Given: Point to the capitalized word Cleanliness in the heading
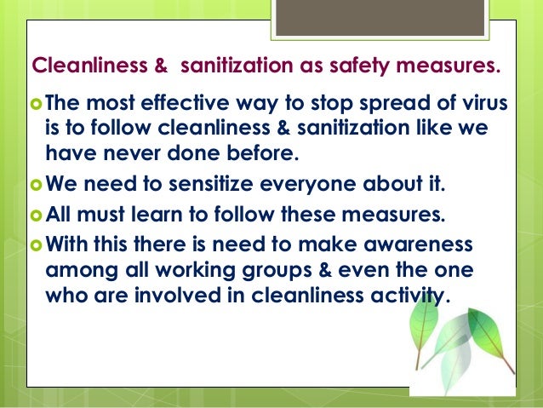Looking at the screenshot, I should coord(79,66).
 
